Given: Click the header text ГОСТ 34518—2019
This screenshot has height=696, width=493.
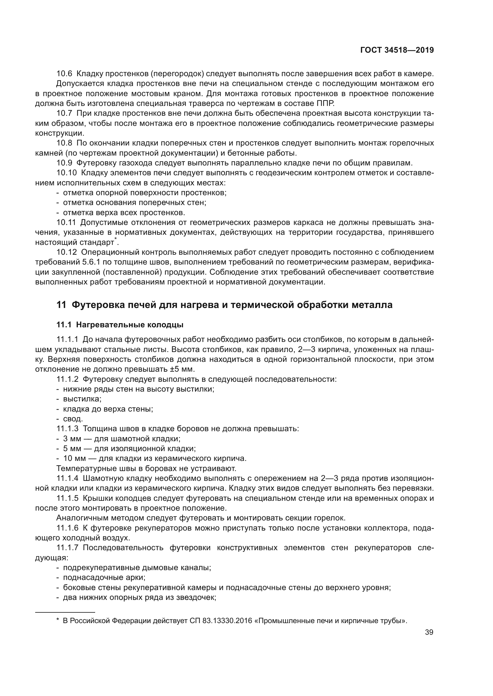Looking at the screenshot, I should tap(397, 50).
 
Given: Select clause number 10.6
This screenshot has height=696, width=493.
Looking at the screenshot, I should tap(64, 74).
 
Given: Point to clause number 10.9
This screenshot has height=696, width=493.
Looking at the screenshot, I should tap(64, 163).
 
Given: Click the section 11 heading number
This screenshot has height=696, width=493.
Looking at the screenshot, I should tap(61, 305).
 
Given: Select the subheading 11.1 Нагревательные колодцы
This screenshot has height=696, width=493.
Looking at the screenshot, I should tap(120, 325).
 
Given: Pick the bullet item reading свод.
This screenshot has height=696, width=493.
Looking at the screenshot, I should tap(73, 419).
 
